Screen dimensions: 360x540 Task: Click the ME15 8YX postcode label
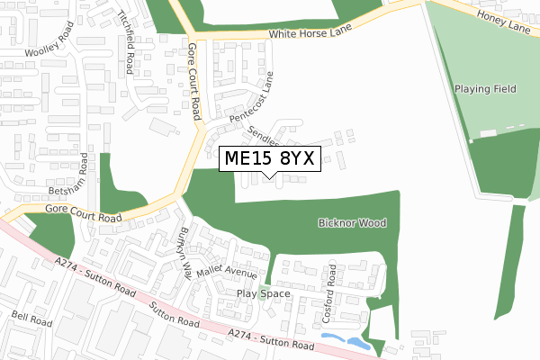(x=267, y=158)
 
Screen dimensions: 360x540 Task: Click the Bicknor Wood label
(x=350, y=221)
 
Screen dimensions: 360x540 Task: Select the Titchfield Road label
(x=129, y=41)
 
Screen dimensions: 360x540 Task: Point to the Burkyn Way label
(x=184, y=255)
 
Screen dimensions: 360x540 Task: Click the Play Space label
(x=264, y=293)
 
